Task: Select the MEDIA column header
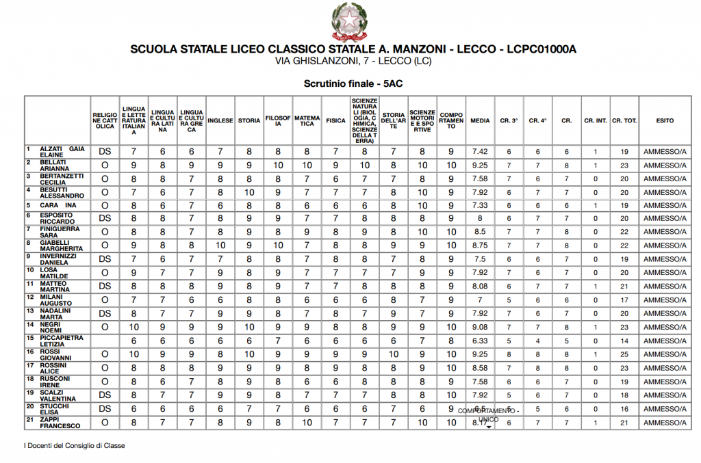(480, 120)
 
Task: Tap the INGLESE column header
(220, 120)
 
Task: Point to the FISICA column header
(335, 120)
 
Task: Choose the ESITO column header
(664, 120)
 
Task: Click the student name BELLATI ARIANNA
(55, 165)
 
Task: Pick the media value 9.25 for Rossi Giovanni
(480, 354)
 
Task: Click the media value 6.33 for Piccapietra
(480, 341)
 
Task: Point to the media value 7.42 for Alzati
(480, 151)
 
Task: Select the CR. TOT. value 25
(624, 354)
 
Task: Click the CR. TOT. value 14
(624, 341)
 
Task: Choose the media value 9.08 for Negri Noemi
(480, 327)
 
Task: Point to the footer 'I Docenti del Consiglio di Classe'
(75, 446)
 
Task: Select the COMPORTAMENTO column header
(451, 120)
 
